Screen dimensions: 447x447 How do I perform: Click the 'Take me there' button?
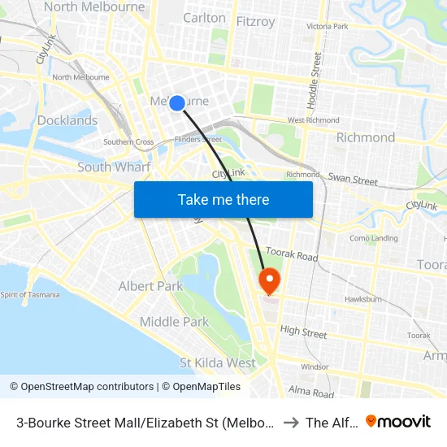tap(223, 199)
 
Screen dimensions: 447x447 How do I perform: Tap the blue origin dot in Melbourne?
tap(176, 102)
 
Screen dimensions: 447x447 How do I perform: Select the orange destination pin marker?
tap(268, 281)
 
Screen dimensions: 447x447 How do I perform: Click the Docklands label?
tap(67, 120)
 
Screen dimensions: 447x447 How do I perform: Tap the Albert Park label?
tap(151, 286)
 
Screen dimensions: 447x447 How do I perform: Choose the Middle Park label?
tap(174, 322)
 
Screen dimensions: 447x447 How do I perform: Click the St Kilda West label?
tap(218, 362)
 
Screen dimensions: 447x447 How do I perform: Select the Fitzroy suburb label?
tap(255, 21)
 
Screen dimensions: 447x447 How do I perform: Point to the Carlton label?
tap(205, 17)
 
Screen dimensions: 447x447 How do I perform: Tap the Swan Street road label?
tap(353, 179)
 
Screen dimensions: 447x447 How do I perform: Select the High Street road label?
tap(303, 332)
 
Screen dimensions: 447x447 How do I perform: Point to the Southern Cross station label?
tap(128, 142)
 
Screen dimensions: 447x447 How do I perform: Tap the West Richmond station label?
tap(313, 120)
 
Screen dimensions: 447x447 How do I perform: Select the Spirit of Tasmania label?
tap(30, 294)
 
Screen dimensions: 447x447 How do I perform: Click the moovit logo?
tap(398, 421)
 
